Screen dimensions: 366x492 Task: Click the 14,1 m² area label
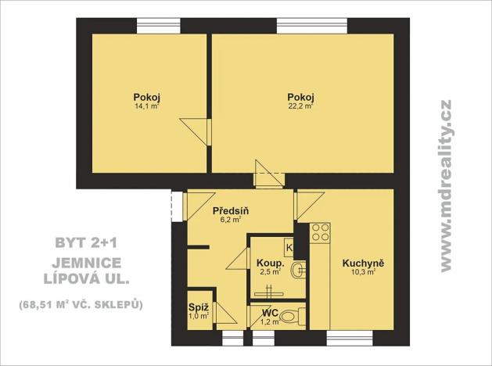point(148,107)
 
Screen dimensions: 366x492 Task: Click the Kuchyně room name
point(362,264)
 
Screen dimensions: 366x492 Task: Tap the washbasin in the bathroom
point(297,271)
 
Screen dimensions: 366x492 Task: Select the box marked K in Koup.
point(289,248)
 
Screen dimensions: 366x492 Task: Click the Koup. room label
point(268,263)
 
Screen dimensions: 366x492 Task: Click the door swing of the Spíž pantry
point(222,314)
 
